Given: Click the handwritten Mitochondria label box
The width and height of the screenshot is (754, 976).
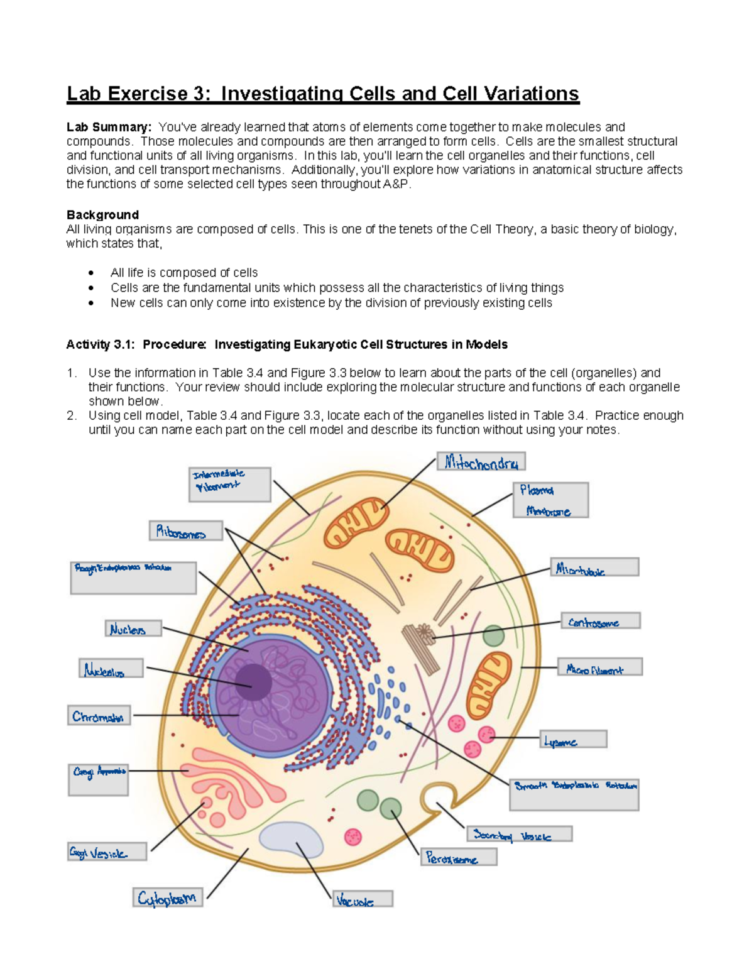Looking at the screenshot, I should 481,462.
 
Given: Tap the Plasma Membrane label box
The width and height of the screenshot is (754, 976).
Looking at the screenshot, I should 551,500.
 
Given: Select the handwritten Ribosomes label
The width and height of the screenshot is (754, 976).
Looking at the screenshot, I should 185,531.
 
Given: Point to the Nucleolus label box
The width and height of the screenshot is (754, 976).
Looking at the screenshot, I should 111,669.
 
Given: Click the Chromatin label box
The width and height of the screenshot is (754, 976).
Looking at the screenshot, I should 99,716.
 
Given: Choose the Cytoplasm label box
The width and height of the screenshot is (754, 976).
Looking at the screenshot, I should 167,897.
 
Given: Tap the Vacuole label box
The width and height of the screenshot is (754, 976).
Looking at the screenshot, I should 363,899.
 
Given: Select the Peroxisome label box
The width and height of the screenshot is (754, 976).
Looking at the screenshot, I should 459,857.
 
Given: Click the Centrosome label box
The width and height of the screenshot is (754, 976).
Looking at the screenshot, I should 600,622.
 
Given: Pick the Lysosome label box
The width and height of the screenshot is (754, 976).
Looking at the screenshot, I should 573,740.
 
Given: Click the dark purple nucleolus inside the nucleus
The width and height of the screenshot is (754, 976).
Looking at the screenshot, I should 254,682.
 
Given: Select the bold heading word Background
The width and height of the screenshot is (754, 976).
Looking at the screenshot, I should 102,215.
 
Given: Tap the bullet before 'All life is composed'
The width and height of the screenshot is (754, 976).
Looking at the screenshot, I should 92,273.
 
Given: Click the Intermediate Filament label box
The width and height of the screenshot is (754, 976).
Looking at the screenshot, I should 229,484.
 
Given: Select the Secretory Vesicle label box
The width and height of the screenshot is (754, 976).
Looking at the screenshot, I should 519,835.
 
